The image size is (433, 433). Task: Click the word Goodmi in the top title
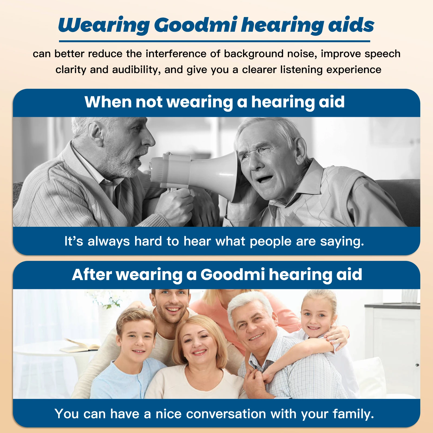click(x=196, y=25)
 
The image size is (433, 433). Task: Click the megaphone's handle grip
click(x=173, y=189)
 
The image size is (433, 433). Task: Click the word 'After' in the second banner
click(x=92, y=275)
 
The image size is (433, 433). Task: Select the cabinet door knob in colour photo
click(x=417, y=365)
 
